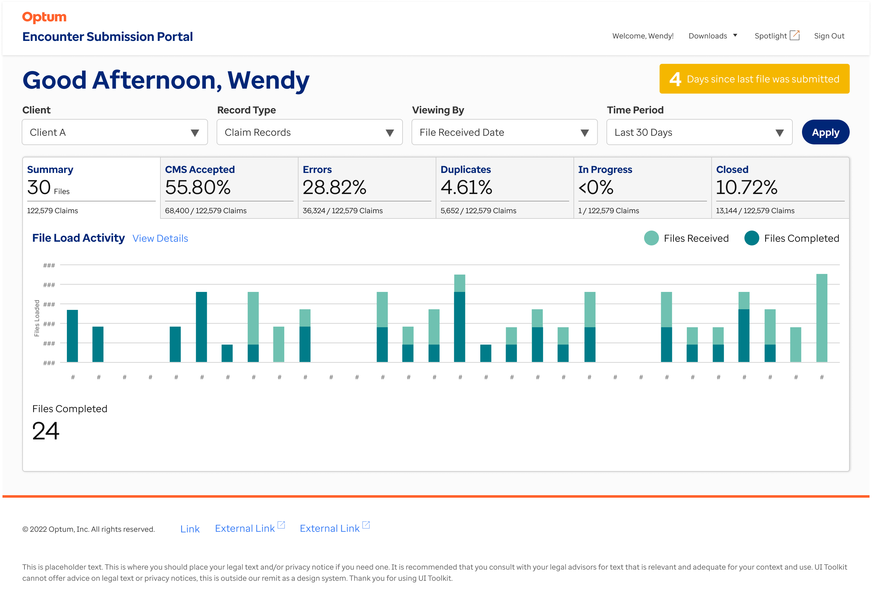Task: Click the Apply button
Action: coord(825,132)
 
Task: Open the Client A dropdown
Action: coord(115,132)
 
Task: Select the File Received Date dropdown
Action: coord(504,132)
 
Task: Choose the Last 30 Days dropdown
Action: coord(699,132)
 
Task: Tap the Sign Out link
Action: coord(829,36)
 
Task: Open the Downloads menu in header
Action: coord(713,36)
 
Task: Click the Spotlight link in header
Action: coord(776,36)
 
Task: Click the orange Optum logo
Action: coord(44,17)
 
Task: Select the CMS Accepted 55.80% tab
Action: coord(229,188)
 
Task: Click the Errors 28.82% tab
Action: coord(367,188)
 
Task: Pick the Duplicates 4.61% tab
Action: coord(504,188)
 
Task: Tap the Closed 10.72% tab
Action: coord(780,188)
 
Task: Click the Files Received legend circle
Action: coord(651,238)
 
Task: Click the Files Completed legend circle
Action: coord(751,238)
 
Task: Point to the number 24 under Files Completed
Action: coord(46,431)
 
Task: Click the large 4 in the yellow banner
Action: coord(675,79)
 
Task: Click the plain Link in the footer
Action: coord(190,529)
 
